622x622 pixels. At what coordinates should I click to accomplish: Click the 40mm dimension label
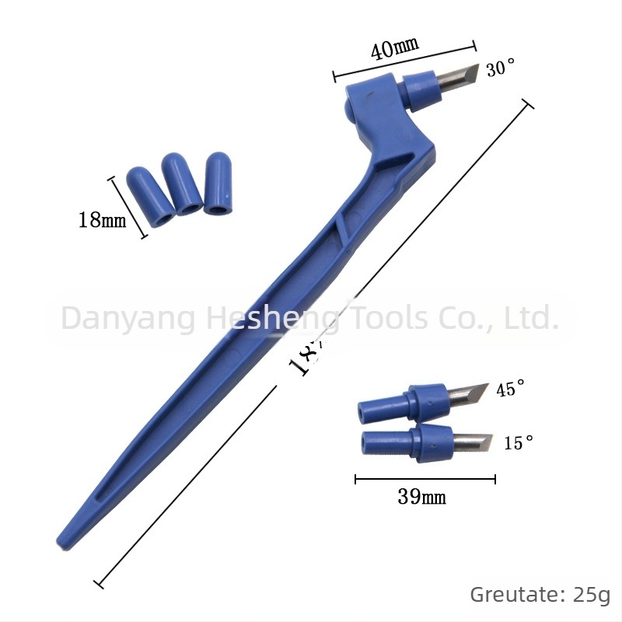click(x=395, y=49)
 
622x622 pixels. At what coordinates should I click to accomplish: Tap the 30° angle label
click(x=501, y=69)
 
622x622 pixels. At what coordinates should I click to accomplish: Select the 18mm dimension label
click(x=101, y=220)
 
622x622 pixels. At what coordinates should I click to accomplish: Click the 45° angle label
click(x=511, y=389)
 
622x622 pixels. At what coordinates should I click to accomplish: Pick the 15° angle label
click(x=519, y=443)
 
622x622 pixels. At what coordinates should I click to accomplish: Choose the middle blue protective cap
click(x=180, y=184)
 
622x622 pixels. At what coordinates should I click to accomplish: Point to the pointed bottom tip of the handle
click(x=62, y=540)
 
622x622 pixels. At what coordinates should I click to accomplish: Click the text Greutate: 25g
click(x=540, y=595)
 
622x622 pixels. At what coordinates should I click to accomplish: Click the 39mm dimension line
click(x=425, y=480)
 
